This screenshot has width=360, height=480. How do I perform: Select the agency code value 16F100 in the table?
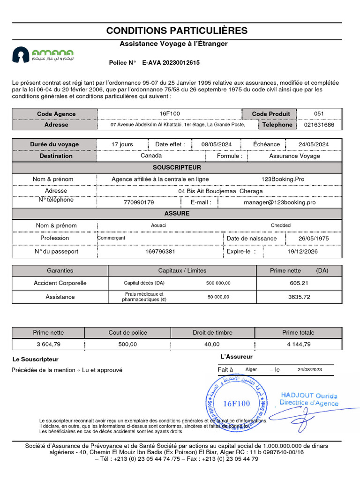[169, 113]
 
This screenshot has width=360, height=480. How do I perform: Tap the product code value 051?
[319, 113]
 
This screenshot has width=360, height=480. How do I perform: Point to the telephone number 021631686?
[319, 125]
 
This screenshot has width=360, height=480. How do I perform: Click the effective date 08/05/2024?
[217, 144]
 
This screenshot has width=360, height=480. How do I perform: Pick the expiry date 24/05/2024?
[314, 144]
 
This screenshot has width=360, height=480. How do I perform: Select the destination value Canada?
[151, 156]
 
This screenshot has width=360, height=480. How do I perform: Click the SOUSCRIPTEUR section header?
[177, 167]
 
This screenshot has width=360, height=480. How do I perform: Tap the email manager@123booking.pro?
[279, 202]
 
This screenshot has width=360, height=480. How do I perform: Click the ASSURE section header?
[177, 213]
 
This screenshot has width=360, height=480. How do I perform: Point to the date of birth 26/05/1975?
[314, 238]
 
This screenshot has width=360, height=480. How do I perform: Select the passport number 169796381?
[160, 251]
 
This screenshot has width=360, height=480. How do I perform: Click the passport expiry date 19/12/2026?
[302, 251]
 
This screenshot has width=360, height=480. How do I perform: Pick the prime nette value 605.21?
[299, 283]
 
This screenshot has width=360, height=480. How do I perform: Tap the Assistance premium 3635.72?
[299, 297]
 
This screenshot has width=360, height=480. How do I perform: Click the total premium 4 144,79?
[298, 344]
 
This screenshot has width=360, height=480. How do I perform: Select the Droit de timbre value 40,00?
[212, 344]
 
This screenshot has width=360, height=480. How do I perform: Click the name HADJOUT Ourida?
[309, 396]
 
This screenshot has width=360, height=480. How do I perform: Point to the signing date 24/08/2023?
[310, 370]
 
